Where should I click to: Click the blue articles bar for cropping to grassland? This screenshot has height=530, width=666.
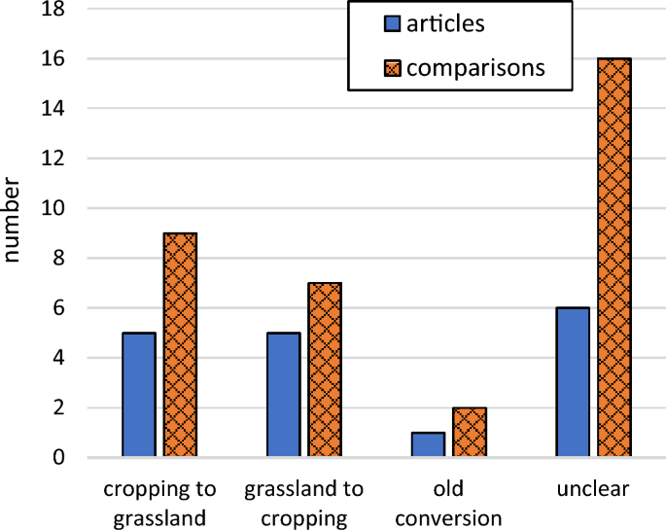coord(138,395)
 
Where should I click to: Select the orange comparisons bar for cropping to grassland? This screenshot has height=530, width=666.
coord(180,345)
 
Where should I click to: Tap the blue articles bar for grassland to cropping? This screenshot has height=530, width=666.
coord(283,395)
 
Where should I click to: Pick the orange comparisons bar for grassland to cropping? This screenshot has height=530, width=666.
coord(325,370)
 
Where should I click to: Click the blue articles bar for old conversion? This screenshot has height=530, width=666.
coord(428,444)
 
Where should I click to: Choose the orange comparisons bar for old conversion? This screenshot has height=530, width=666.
coord(469,432)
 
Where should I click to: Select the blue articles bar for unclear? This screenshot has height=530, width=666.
coord(573,382)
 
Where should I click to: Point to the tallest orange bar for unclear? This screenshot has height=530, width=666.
coord(613,258)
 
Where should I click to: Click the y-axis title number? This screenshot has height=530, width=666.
coord(13,220)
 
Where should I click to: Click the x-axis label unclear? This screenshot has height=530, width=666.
coord(593,489)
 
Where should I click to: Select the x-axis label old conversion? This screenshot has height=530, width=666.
coord(448,503)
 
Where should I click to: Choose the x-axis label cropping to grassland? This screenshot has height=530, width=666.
coord(159,503)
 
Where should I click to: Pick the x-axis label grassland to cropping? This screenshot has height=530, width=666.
coord(304,503)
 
